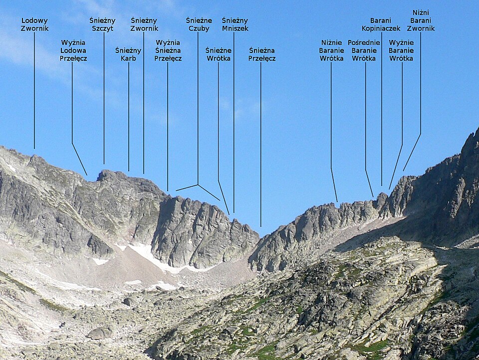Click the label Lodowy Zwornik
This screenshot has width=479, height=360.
coord(34,24)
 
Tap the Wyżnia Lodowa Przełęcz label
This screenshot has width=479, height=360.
coord(73,50)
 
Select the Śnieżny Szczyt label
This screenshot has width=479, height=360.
coord(102,24)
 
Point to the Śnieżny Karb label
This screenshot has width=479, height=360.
coord(128,54)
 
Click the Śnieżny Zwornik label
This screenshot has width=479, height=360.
coord(144,24)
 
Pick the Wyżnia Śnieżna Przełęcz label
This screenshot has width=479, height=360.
coord(168,50)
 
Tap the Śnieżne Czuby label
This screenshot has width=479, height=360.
coord(199,24)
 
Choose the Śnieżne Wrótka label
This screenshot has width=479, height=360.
coord(219,54)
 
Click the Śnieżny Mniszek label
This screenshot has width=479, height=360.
coord(235,24)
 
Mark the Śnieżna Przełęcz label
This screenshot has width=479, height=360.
coord(262,54)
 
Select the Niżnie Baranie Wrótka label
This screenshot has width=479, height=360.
coord(332,50)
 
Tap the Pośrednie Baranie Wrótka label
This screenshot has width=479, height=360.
coord(364,50)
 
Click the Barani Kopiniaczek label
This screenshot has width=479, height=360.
coord(381,24)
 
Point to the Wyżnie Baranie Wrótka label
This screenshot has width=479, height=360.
coord(401,50)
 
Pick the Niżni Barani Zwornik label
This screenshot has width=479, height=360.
coord(421,20)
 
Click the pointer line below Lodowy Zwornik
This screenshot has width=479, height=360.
coord(34,90)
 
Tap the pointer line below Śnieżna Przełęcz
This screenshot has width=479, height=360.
coord(260,145)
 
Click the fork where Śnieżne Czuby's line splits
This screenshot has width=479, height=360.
coord(198,185)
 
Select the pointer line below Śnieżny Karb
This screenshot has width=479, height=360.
coord(129,117)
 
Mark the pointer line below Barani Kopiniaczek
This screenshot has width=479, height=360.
coord(382,109)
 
